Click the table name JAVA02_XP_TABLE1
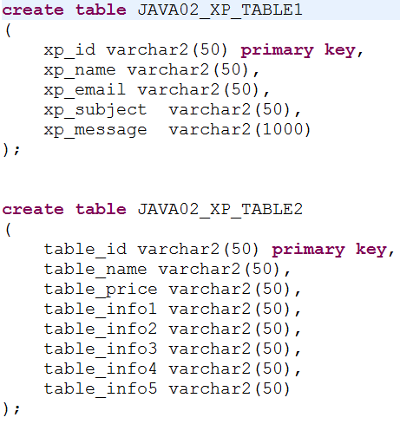[220, 10]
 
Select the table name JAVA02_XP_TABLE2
[220, 210]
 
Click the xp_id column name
[69, 51]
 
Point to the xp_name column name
[80, 71]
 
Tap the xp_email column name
[85, 90]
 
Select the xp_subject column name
[95, 111]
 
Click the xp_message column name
[95, 131]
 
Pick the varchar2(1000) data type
[239, 129]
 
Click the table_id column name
[85, 250]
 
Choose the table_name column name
[95, 270]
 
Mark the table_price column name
[101, 290]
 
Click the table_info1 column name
[101, 310]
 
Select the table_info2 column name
[101, 329]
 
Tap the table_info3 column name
[101, 349]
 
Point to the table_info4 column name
[101, 369]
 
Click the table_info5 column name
[101, 389]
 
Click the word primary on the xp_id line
[277, 51]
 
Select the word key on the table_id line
[371, 250]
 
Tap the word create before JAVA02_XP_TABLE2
[33, 210]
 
